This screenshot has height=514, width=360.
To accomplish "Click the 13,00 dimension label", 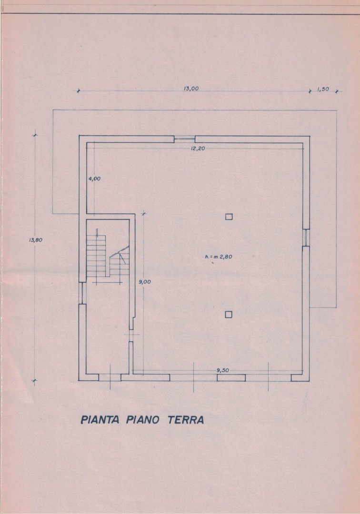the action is tap(191, 88).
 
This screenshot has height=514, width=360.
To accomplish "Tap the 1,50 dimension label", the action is tap(323, 89).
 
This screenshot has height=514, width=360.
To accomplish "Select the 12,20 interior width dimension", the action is tap(198, 148).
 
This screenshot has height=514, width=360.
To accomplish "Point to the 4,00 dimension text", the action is tap(94, 178).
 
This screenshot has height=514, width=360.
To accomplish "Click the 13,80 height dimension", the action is tap(36, 239).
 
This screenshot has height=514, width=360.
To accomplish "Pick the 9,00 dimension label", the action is tap(145, 282).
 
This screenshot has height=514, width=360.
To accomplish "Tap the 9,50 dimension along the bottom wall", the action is tap(223, 370).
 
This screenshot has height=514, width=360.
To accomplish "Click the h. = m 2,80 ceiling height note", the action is tap(219, 257).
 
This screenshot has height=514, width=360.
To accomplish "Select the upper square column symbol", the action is tap(229, 217).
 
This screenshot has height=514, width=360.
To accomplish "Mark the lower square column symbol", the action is tap(229, 315).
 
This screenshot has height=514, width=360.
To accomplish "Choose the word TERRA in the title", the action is tap(186, 420).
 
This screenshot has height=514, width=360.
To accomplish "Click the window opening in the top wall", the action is tap(184, 139).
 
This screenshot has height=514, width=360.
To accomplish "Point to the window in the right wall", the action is tap(306, 237).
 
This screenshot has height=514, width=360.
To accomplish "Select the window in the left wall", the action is tap(82, 293).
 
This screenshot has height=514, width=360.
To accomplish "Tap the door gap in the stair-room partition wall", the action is tap(131, 336).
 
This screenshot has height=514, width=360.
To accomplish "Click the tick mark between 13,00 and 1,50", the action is tap(310, 91).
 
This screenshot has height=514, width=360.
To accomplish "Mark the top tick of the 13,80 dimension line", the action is tap(35, 135).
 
